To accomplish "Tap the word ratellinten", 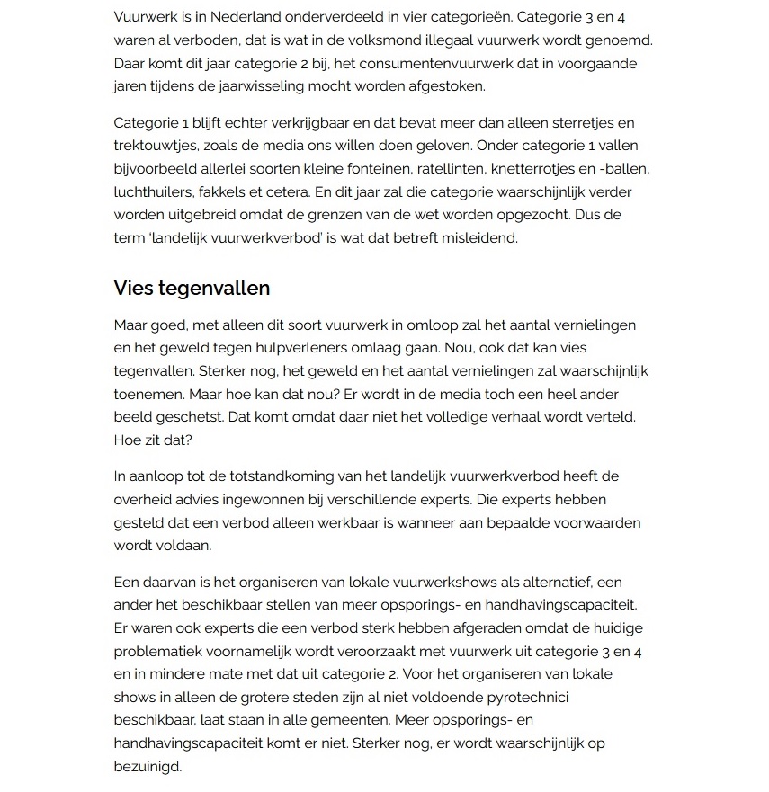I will tap(476, 169).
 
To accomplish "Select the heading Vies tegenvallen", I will tap(192, 288).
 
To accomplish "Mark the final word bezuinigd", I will tap(148, 767).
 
